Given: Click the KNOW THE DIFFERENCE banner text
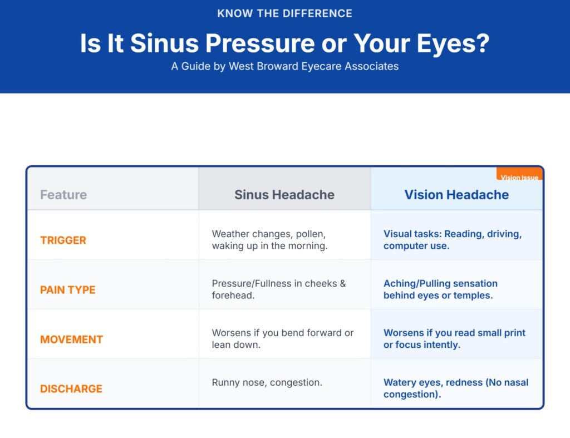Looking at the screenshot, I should pyautogui.click(x=284, y=13).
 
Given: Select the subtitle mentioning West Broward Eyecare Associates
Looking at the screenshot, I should pyautogui.click(x=284, y=66).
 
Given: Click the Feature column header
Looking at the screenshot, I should pyautogui.click(x=63, y=195).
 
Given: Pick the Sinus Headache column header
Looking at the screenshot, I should pyautogui.click(x=284, y=195).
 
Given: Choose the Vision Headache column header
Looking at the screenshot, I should pyautogui.click(x=456, y=195).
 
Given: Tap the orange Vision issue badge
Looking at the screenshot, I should pyautogui.click(x=519, y=176).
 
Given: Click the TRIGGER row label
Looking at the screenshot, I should pyautogui.click(x=63, y=240).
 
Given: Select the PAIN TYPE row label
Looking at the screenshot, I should pyautogui.click(x=67, y=290).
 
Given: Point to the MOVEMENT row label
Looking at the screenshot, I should pyautogui.click(x=71, y=339).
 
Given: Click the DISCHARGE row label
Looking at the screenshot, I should pyautogui.click(x=71, y=389).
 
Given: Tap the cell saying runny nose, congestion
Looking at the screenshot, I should pyautogui.click(x=267, y=383).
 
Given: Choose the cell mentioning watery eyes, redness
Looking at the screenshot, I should pyautogui.click(x=455, y=388).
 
